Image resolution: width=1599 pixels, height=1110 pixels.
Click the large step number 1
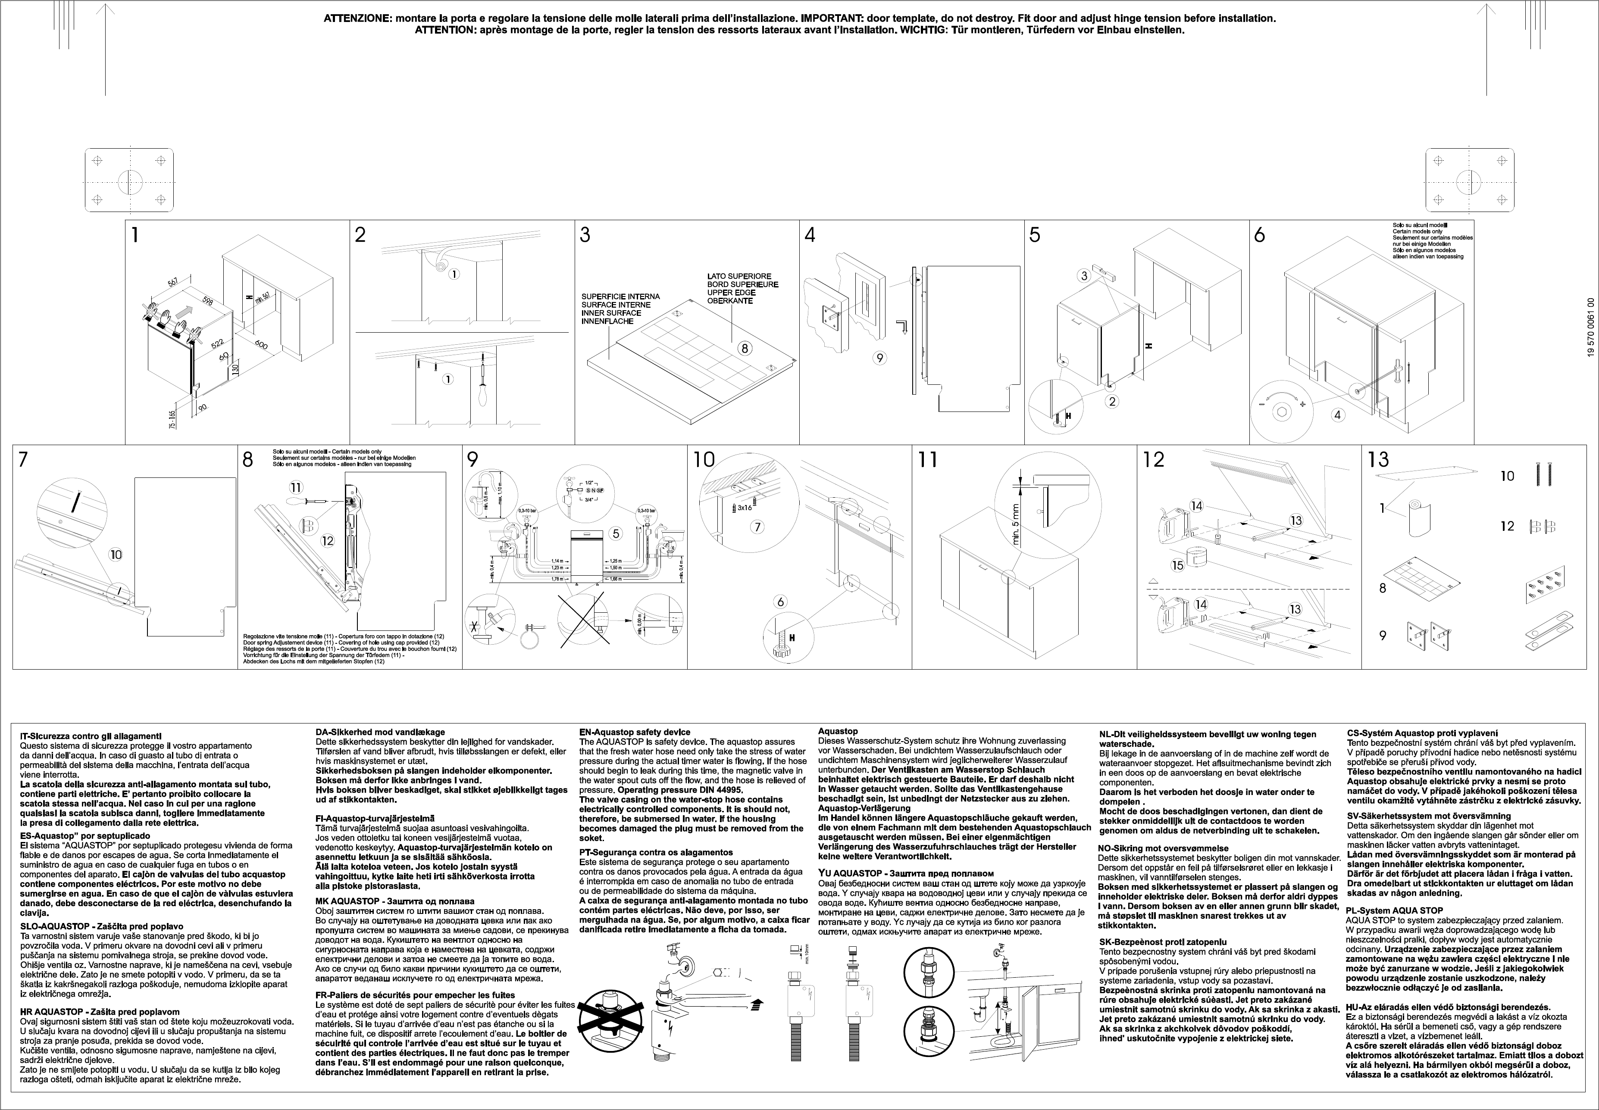click(x=135, y=235)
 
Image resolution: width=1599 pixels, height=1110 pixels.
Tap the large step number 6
click(x=1259, y=235)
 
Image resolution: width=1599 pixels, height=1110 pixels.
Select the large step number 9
click(x=473, y=460)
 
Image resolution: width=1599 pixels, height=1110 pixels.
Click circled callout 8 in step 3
click(x=745, y=349)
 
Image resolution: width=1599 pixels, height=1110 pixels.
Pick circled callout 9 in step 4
click(x=880, y=358)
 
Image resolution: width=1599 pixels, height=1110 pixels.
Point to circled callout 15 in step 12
click(x=1177, y=565)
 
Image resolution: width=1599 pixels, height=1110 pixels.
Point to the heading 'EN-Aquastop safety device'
click(x=635, y=733)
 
